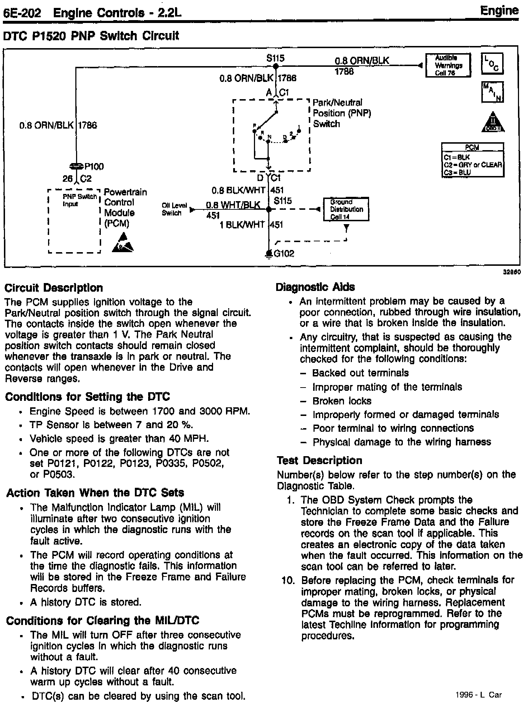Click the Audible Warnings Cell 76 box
(448, 65)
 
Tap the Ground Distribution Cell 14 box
(346, 209)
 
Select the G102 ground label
(284, 254)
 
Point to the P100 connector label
(94, 166)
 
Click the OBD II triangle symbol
(493, 122)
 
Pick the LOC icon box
(492, 64)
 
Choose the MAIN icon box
(493, 92)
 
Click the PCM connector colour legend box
(473, 160)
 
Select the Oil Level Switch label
(174, 209)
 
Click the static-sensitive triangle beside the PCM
(123, 243)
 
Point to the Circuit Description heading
(54, 288)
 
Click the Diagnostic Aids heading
(315, 287)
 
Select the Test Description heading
(319, 460)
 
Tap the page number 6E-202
(22, 13)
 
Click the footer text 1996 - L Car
(478, 695)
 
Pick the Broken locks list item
(342, 401)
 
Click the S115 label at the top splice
(275, 58)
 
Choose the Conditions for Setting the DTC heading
(88, 397)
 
